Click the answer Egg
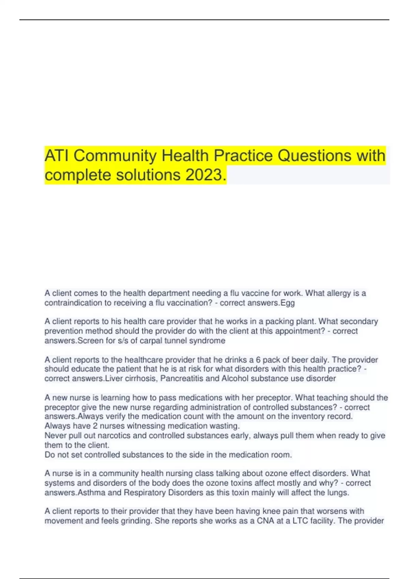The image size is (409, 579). click(287, 303)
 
